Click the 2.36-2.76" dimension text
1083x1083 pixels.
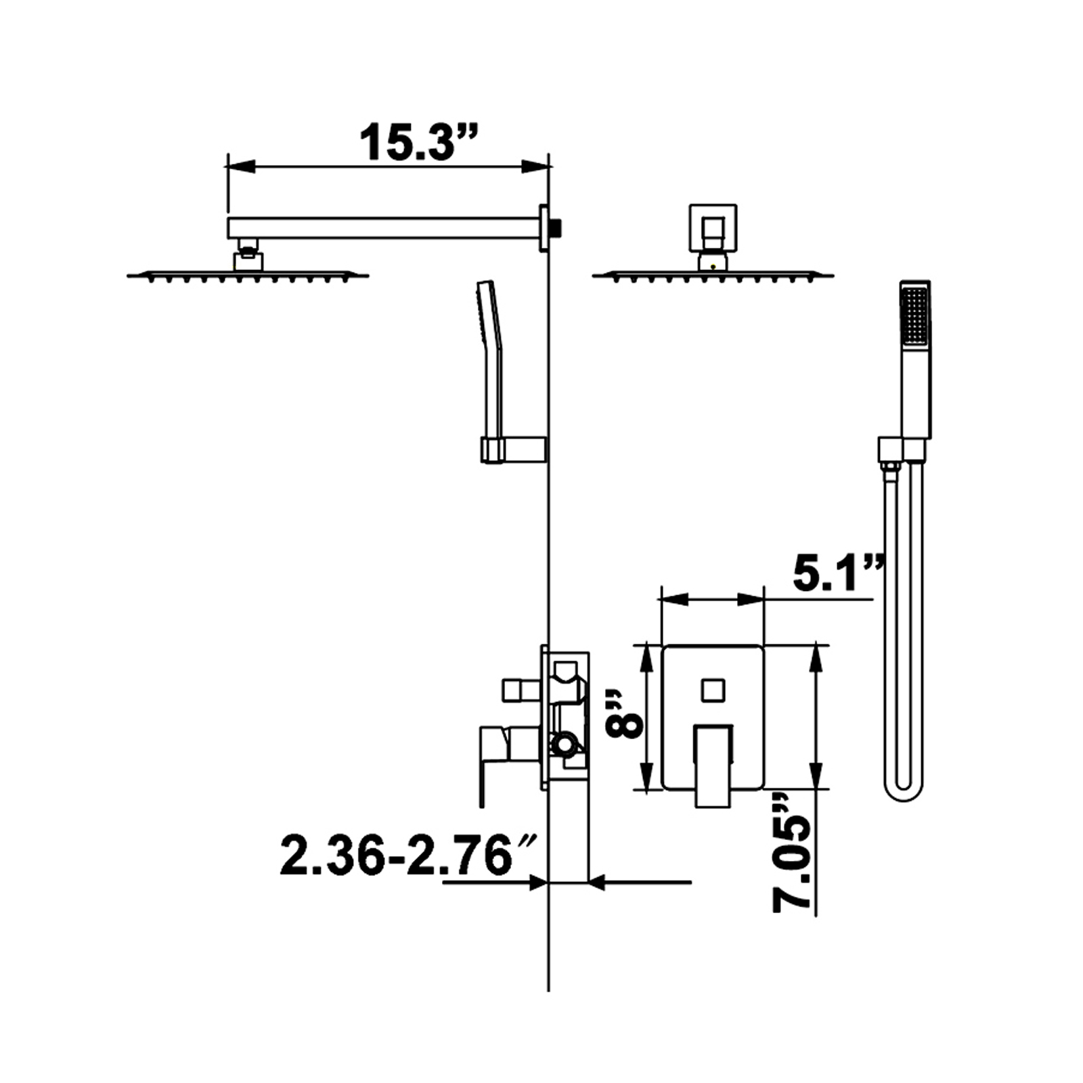pyautogui.click(x=408, y=856)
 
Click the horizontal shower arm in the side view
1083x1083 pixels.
pyautogui.click(x=383, y=227)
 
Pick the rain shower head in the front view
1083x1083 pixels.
pyautogui.click(x=713, y=274)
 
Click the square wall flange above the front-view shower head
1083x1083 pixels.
pyautogui.click(x=713, y=228)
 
